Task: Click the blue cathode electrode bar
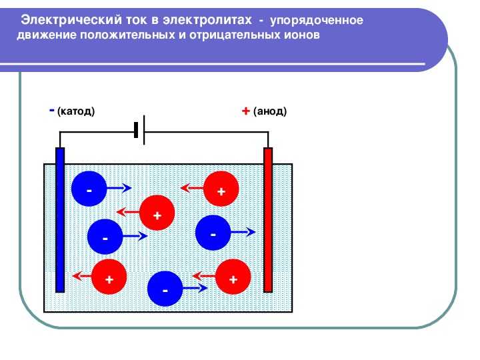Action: [x=60, y=220]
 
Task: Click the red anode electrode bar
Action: [x=268, y=220]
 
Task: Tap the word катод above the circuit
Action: [x=76, y=111]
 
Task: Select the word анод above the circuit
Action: [x=270, y=111]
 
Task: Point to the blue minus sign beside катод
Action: [x=52, y=110]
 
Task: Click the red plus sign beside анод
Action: [x=246, y=111]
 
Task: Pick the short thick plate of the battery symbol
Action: [x=136, y=130]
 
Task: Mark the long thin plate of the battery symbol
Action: [x=144, y=130]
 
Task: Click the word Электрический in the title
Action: [x=71, y=20]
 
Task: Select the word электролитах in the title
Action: [x=207, y=20]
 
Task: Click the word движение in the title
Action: [x=47, y=35]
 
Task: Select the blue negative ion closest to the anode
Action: [x=213, y=233]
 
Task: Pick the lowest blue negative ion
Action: [x=165, y=289]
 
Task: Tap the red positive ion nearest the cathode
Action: [x=109, y=277]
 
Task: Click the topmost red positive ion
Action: [x=221, y=189]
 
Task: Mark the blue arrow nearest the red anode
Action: [x=243, y=232]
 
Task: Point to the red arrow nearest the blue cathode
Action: [x=82, y=276]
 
